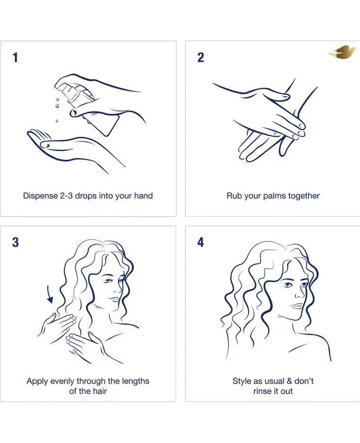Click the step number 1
(15, 58)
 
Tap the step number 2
(201, 58)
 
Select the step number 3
(16, 242)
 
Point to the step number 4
(201, 242)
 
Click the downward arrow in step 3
(50, 295)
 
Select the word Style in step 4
(242, 381)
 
